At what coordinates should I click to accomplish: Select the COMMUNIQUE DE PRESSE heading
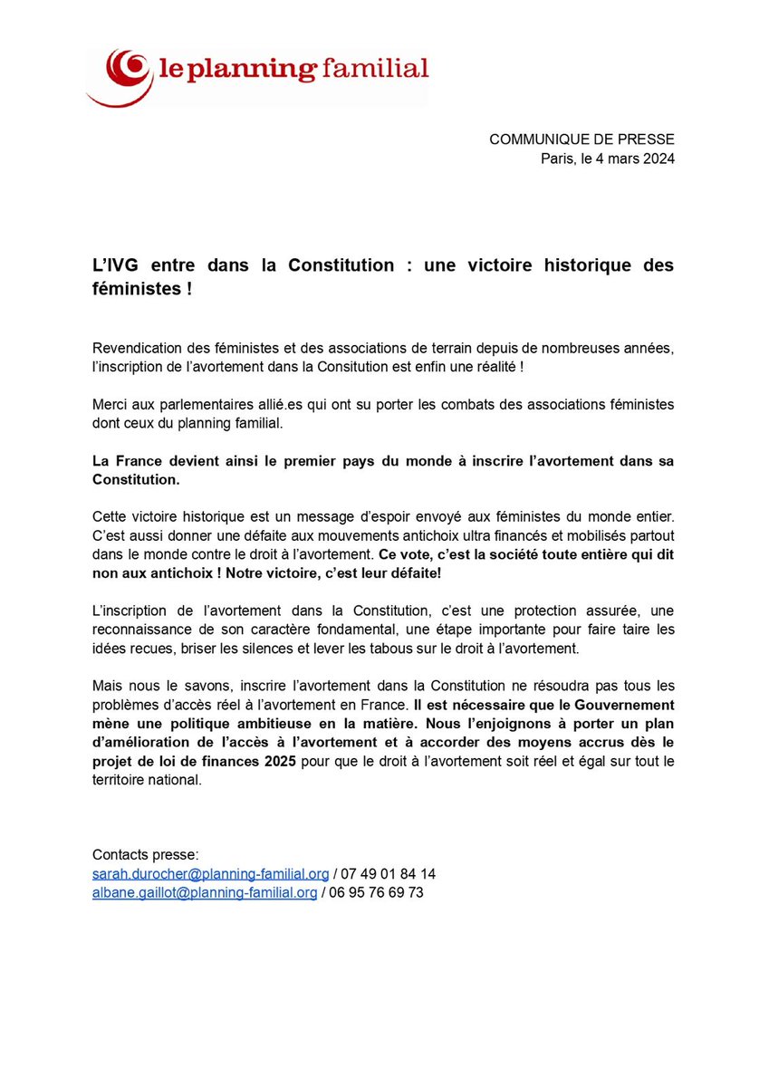click(582, 139)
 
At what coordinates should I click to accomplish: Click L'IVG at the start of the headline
click(116, 265)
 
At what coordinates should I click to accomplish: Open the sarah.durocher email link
click(211, 873)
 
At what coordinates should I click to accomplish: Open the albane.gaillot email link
click(205, 892)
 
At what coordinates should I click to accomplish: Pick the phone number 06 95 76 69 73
click(378, 892)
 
